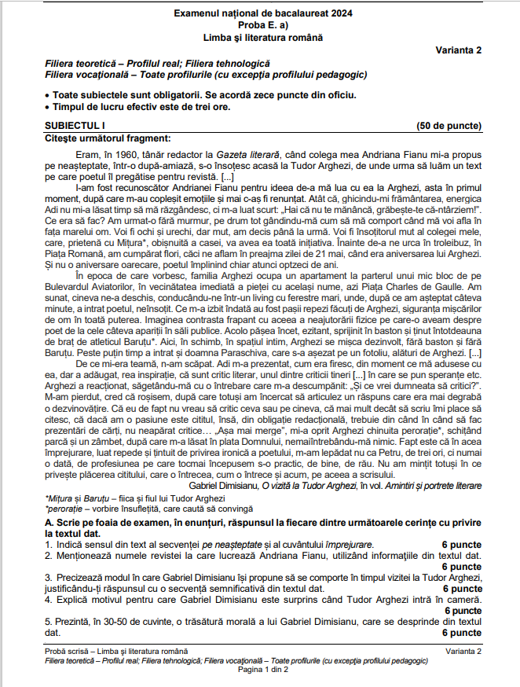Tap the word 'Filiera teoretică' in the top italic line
pyautogui.click(x=82, y=63)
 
